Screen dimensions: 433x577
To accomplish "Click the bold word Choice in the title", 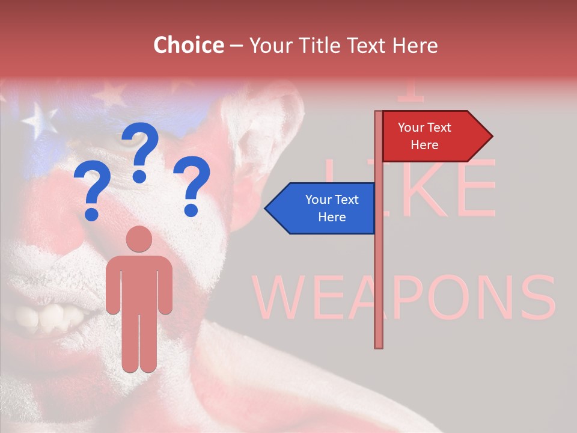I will [x=188, y=45].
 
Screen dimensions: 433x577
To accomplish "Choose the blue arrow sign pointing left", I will [x=321, y=208].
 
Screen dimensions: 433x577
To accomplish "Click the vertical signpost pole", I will [x=379, y=271].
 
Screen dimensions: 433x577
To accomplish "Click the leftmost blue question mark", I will [x=92, y=192].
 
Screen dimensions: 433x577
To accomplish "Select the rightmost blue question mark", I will [x=192, y=185].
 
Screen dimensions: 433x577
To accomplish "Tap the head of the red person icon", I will [x=139, y=239].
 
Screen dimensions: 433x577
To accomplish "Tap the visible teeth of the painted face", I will [x=48, y=316].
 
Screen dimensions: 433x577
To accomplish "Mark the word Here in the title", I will [x=415, y=46].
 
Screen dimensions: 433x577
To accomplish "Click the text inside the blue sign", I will [x=332, y=208].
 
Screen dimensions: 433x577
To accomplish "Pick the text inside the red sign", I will [x=424, y=136].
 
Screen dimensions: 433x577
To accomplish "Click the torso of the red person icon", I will [x=139, y=283].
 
